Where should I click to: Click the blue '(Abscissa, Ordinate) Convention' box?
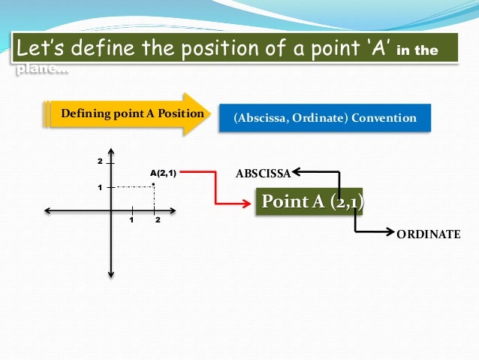pos(325,118)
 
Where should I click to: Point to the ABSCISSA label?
pos(262,174)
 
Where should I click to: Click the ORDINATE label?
pos(428,234)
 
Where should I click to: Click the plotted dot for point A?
pos(153,184)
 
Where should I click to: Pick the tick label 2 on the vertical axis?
pos(98,162)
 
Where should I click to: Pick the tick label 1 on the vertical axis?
pos(99,187)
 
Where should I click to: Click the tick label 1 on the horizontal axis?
pos(131,220)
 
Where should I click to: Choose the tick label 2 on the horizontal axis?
pos(158,220)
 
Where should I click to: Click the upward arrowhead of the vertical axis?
pos(110,148)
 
